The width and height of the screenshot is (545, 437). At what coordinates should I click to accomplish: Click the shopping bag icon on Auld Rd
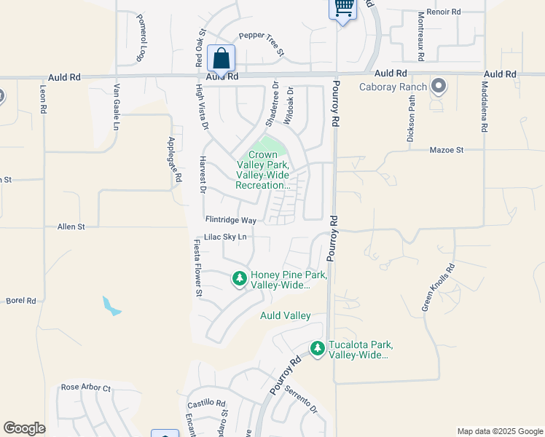pyautogui.click(x=221, y=58)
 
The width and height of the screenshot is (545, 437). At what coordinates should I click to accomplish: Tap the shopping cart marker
pyautogui.click(x=344, y=9)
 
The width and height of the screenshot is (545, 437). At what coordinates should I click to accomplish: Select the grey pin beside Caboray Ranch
pyautogui.click(x=439, y=87)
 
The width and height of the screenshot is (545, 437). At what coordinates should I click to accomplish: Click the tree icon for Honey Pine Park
pyautogui.click(x=239, y=278)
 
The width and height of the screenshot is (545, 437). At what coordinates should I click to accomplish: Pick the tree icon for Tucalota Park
pyautogui.click(x=317, y=348)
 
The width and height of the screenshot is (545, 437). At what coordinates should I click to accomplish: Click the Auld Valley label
pyautogui.click(x=286, y=315)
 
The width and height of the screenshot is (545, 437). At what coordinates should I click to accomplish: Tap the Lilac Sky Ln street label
pyautogui.click(x=226, y=237)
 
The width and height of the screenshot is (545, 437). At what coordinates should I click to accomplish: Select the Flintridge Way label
pyautogui.click(x=231, y=219)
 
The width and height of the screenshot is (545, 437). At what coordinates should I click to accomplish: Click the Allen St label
pyautogui.click(x=71, y=227)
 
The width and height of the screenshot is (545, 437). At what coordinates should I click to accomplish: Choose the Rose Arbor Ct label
pyautogui.click(x=85, y=387)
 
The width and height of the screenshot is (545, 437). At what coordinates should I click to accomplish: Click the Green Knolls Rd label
pyautogui.click(x=439, y=287)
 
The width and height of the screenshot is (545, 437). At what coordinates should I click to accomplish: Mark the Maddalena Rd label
pyautogui.click(x=484, y=106)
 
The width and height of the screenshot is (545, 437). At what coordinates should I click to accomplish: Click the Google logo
pyautogui.click(x=24, y=428)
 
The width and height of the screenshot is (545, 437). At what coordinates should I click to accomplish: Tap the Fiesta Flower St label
pyautogui.click(x=197, y=267)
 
